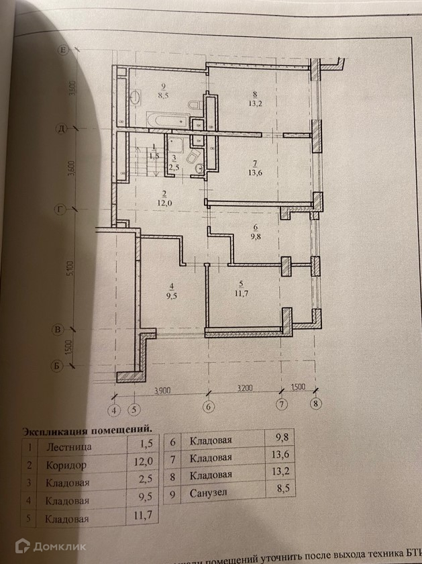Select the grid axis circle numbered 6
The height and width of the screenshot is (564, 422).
click(x=209, y=406)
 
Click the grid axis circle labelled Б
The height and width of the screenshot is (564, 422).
click(x=58, y=366)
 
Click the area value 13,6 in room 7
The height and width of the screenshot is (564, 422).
click(x=254, y=171)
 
